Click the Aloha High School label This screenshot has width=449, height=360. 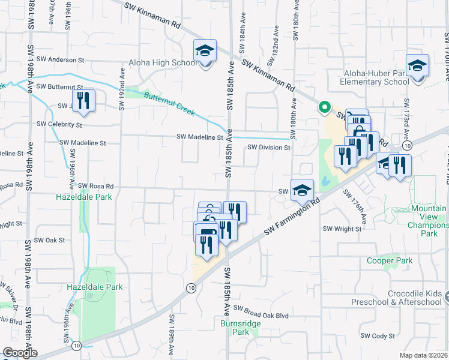[x=162, y=62]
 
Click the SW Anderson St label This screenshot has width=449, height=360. [x=60, y=59]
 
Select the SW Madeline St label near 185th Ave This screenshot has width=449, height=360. [x=200, y=137]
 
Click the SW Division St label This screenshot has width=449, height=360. [x=268, y=147]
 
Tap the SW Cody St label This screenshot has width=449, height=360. [x=377, y=336]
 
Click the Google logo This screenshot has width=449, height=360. [x=19, y=353]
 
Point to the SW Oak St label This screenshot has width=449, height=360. [x=50, y=240]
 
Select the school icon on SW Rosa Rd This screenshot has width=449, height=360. [x=303, y=190]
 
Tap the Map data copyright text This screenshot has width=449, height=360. [x=424, y=355]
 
